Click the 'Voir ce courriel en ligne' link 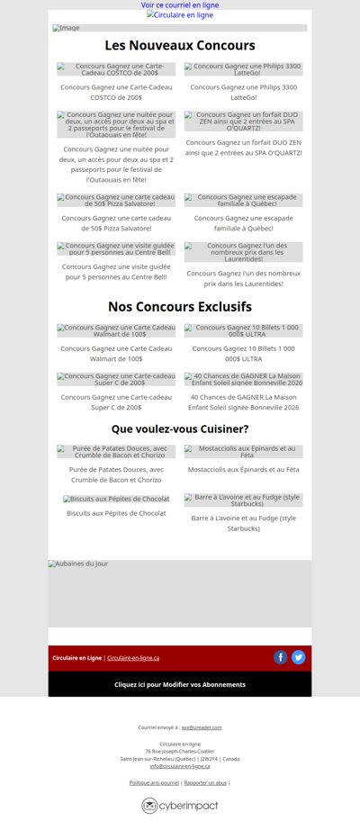[x=180, y=5]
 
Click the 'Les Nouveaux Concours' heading [x=180, y=46]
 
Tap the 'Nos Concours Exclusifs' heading [x=180, y=307]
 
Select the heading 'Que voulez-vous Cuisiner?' [x=180, y=429]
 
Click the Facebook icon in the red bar [x=281, y=657]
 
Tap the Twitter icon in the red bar [x=299, y=657]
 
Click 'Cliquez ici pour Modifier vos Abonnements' [x=180, y=684]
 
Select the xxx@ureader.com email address [x=202, y=727]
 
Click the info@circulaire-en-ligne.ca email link [x=180, y=766]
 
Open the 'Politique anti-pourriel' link [x=154, y=783]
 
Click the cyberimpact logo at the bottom [x=180, y=806]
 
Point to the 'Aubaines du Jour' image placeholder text [x=78, y=564]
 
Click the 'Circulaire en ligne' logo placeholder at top [x=180, y=15]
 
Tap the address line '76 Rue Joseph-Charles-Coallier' [x=180, y=751]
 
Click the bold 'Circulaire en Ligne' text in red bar [x=76, y=658]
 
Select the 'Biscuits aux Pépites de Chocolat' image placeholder [x=116, y=499]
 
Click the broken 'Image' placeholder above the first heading [x=67, y=28]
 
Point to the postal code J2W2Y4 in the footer [x=210, y=759]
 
